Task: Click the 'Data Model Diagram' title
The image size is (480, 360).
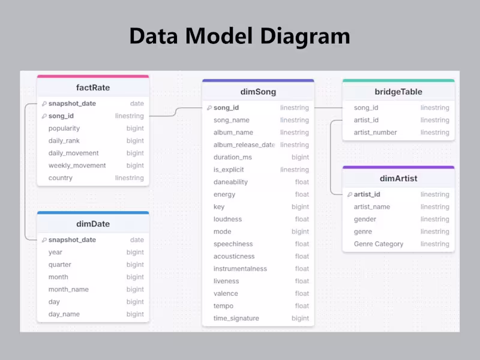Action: click(x=239, y=37)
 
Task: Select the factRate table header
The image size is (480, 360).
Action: click(x=93, y=88)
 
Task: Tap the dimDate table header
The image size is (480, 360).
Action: click(x=93, y=224)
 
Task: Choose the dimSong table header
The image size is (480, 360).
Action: click(x=258, y=92)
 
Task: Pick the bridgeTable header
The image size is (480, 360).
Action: click(x=398, y=92)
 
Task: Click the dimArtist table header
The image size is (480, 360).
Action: click(x=398, y=178)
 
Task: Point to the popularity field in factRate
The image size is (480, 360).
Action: click(x=64, y=128)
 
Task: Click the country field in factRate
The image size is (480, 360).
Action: click(x=61, y=178)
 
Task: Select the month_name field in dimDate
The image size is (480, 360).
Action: click(x=68, y=289)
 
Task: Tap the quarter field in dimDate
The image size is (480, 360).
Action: click(x=60, y=265)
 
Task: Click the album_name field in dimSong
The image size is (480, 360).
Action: click(x=233, y=133)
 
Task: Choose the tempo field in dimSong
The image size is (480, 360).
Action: click(x=223, y=306)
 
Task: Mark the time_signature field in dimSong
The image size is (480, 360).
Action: click(x=236, y=319)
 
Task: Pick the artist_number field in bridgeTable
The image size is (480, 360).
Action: click(x=376, y=133)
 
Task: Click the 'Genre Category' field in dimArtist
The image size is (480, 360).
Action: click(x=379, y=244)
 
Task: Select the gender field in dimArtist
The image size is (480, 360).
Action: click(x=365, y=220)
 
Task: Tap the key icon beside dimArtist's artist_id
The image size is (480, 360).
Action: click(x=349, y=194)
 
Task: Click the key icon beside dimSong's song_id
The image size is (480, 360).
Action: click(x=209, y=108)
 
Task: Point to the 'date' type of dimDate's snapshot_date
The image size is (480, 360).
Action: click(x=137, y=240)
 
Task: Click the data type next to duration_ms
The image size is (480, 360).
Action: click(x=301, y=157)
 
